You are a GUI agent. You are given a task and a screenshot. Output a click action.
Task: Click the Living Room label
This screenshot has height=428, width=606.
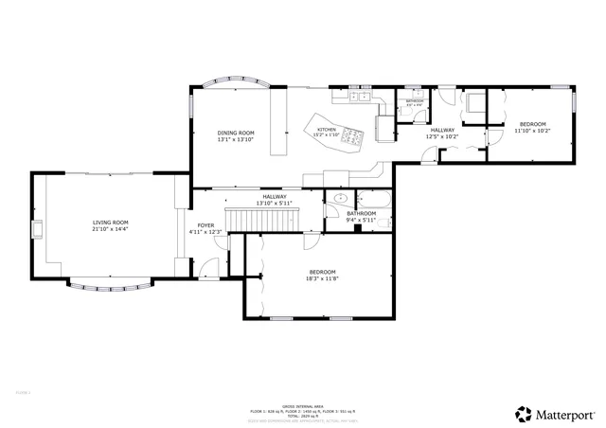(x=110, y=223)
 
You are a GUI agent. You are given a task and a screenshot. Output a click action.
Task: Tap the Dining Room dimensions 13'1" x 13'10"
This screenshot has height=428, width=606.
(x=236, y=140)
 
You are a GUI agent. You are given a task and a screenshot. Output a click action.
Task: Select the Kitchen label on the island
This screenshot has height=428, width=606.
(x=327, y=130)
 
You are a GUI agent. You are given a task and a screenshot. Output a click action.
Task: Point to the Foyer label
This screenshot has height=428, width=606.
(x=205, y=225)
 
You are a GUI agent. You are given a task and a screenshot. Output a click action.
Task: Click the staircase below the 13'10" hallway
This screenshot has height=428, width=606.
(x=264, y=221)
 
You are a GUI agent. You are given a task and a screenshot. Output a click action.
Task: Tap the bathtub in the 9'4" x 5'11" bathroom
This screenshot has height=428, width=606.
(x=371, y=199)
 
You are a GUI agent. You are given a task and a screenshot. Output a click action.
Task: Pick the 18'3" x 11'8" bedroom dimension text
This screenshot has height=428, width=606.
(x=321, y=278)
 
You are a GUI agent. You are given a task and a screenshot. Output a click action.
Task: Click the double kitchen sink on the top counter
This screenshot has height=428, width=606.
(x=358, y=96)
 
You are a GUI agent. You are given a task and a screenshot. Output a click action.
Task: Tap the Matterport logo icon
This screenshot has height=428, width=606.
(x=523, y=413)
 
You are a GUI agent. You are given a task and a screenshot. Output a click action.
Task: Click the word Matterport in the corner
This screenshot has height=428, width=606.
(x=567, y=414)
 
